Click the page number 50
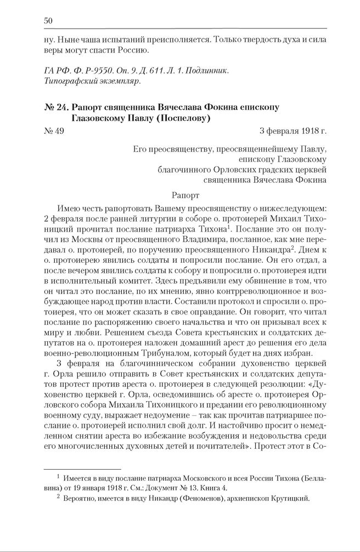click(48, 21)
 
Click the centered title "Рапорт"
click(186, 194)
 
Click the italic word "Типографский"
click(64, 82)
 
